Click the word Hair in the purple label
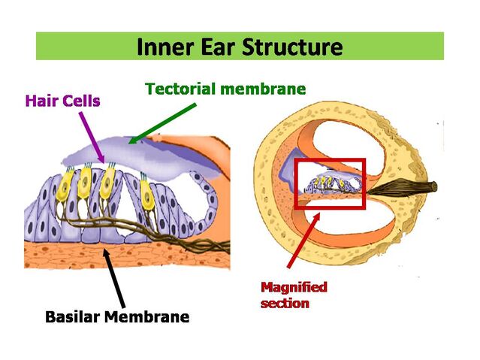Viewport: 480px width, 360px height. pyautogui.click(x=41, y=101)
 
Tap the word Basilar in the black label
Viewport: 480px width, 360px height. pyautogui.click(x=73, y=316)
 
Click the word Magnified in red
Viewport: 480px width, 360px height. pyautogui.click(x=294, y=287)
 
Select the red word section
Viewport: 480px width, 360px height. pyautogui.click(x=285, y=303)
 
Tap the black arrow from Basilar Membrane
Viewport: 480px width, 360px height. pyautogui.click(x=114, y=278)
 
